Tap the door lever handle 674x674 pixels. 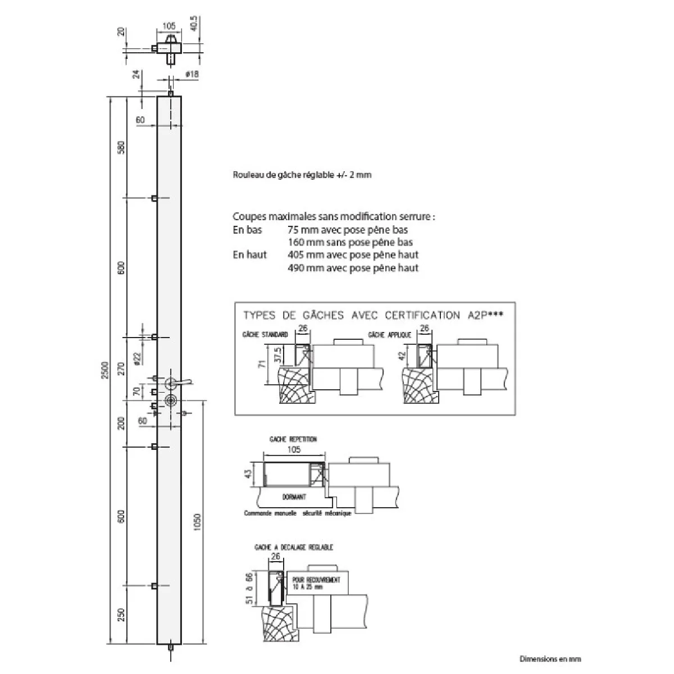pyautogui.click(x=180, y=382)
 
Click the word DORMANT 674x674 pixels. pyautogui.click(x=294, y=497)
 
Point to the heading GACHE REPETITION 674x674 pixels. pyautogui.click(x=293, y=439)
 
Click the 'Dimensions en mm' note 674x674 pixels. pyautogui.click(x=550, y=659)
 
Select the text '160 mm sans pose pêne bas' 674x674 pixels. pyautogui.click(x=350, y=242)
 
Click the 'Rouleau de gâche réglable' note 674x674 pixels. pyautogui.click(x=302, y=175)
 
